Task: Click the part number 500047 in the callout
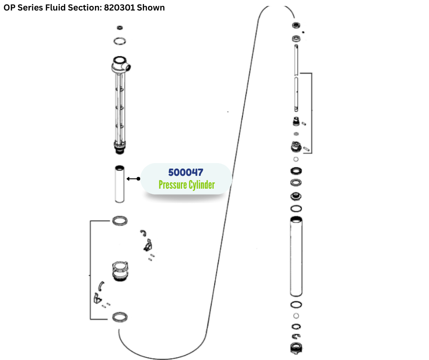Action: click(185, 172)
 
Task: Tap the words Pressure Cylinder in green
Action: click(186, 185)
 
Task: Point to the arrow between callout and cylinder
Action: click(132, 179)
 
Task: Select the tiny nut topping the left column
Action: click(120, 28)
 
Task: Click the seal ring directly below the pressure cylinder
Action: click(120, 221)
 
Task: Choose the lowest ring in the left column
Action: click(120, 317)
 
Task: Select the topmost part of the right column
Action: click(296, 26)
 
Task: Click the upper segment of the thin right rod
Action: click(296, 57)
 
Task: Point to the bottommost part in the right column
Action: click(296, 348)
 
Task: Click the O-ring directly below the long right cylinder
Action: click(296, 305)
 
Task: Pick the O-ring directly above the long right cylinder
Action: click(296, 208)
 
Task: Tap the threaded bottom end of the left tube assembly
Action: click(120, 147)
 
